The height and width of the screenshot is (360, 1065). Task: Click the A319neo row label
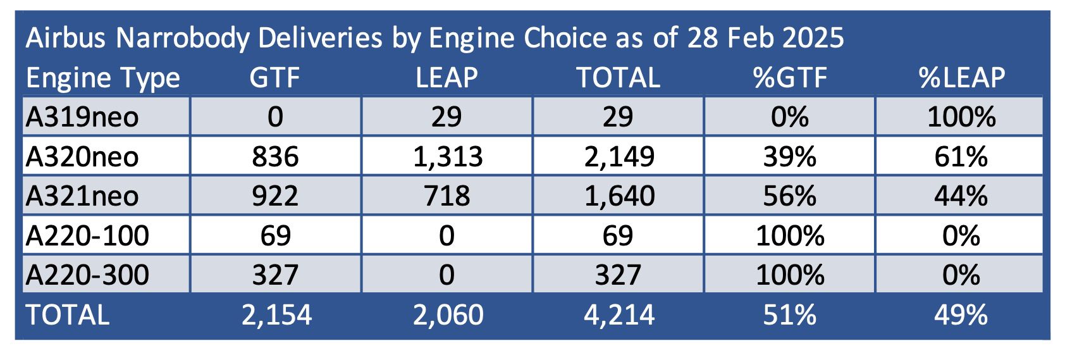pyautogui.click(x=82, y=117)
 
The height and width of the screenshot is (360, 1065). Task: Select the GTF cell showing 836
pyautogui.click(x=275, y=156)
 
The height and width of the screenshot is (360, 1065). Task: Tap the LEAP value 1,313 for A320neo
pyautogui.click(x=447, y=156)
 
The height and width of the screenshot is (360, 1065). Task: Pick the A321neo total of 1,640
pyautogui.click(x=619, y=196)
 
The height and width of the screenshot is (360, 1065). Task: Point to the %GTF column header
pyautogui.click(x=789, y=78)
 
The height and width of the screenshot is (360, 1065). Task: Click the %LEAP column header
pyautogui.click(x=961, y=78)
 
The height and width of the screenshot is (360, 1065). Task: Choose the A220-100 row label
pyautogui.click(x=87, y=235)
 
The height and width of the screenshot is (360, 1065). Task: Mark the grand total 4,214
pyautogui.click(x=619, y=315)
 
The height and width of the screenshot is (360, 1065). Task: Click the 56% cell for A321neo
pyautogui.click(x=789, y=196)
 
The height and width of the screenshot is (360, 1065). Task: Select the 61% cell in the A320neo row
pyautogui.click(x=961, y=156)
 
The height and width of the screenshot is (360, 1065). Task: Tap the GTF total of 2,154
pyautogui.click(x=276, y=315)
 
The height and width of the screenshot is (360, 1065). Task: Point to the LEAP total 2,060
pyautogui.click(x=448, y=315)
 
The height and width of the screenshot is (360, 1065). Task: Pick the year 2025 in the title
pyautogui.click(x=812, y=39)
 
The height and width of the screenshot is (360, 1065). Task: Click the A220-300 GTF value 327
pyautogui.click(x=275, y=275)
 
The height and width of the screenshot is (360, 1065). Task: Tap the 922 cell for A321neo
pyautogui.click(x=275, y=196)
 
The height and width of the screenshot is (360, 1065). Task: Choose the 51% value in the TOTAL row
pyautogui.click(x=789, y=315)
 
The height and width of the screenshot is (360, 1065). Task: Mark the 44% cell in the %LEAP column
pyautogui.click(x=961, y=196)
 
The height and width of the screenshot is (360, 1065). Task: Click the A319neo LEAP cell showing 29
pyautogui.click(x=446, y=117)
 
